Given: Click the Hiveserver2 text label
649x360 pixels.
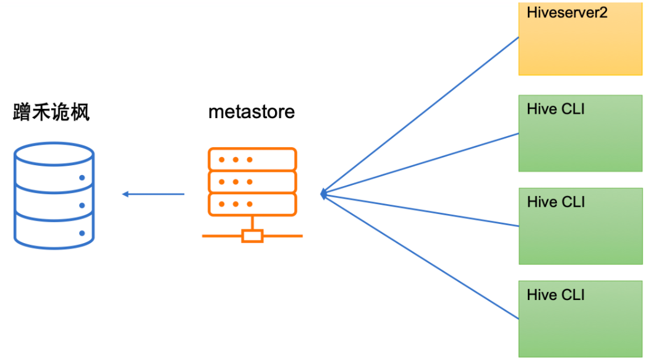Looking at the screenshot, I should point(567,13).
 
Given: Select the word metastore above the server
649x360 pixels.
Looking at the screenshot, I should point(252,113).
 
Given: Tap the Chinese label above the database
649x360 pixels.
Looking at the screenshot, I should point(51,113).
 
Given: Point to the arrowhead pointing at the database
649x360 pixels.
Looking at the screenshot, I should point(125,194).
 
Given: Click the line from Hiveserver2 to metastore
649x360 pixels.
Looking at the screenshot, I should point(420,114).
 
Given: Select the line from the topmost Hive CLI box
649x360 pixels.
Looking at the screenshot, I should point(420,163).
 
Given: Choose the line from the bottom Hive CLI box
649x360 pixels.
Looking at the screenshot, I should point(420,257).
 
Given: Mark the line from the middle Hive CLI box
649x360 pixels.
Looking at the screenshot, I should point(420,210).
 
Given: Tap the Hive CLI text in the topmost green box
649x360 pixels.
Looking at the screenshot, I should point(556,109).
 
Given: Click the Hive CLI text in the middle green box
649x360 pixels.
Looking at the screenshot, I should point(556,202).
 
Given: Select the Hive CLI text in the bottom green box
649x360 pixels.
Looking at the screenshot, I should point(556,295).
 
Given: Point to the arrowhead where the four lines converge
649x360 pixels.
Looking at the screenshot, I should point(323,194).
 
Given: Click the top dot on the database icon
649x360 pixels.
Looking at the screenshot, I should point(82,178).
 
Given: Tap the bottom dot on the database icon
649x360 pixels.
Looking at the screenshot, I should point(82,233).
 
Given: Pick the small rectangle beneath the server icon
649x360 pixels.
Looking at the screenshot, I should point(252,236).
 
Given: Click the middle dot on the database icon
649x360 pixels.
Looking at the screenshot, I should point(82,205).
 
